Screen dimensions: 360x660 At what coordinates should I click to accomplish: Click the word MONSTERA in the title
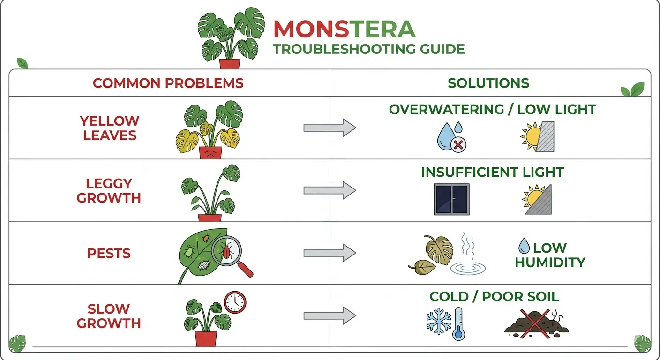pos(344,29)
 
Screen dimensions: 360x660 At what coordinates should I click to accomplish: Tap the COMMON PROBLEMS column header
pos(168,83)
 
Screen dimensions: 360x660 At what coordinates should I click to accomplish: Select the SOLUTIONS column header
pos(488,83)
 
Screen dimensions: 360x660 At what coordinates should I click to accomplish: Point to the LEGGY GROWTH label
pos(109,190)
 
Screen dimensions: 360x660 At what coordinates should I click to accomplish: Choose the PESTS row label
pos(109,253)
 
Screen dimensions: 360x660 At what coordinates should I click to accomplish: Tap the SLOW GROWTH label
pos(109,315)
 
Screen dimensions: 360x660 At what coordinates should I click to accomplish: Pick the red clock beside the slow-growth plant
pos(235,302)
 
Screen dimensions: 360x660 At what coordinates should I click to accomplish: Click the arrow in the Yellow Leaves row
pos(330,127)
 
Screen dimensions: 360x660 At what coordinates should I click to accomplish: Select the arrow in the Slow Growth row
pos(330,315)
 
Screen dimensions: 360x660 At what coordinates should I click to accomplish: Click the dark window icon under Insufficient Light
pos(451,199)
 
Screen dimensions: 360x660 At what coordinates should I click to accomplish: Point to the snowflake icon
pos(438,322)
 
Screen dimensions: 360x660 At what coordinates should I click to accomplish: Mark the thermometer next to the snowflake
pos(457,324)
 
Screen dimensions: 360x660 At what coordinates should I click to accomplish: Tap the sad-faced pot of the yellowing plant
pos(210,152)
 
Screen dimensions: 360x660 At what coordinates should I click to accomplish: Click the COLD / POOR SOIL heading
pos(494,297)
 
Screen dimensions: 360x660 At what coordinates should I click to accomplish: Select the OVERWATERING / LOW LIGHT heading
pos(492,109)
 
